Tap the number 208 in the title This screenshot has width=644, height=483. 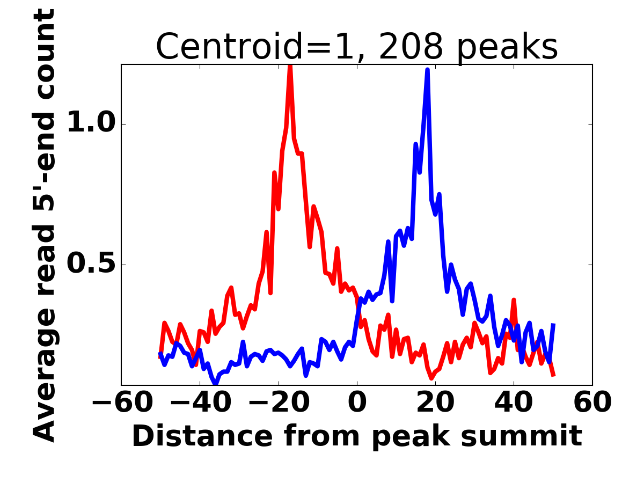pos(411,47)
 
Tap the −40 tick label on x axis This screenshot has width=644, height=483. pos(200,402)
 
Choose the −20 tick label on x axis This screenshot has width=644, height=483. pos(278,402)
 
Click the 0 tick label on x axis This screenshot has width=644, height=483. pos(357,402)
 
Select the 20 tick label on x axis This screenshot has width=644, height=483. pos(435,402)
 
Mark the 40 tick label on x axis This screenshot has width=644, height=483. pos(514,402)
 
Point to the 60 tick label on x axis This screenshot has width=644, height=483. pos(592,402)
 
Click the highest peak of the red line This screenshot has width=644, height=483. pos(290,66)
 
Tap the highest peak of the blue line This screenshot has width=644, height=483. pos(428,70)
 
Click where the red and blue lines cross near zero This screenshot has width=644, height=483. pos(358,308)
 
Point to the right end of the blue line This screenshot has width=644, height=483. pos(553,324)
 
